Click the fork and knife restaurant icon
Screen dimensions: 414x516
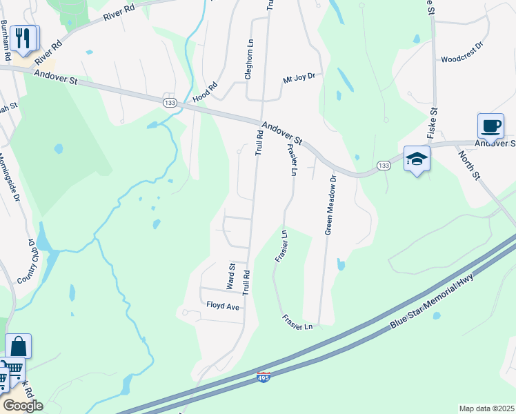(x=24, y=39)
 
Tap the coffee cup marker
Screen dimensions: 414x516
(x=490, y=127)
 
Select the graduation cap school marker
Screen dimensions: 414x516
(x=417, y=159)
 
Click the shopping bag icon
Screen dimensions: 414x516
(x=19, y=347)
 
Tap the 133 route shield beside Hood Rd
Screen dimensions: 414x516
(x=170, y=102)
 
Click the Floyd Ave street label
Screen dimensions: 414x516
(x=222, y=304)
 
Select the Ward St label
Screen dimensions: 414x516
(x=232, y=275)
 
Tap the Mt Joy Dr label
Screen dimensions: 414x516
(x=299, y=79)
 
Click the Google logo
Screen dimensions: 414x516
(x=22, y=406)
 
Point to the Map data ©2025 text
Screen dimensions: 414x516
(x=486, y=408)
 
